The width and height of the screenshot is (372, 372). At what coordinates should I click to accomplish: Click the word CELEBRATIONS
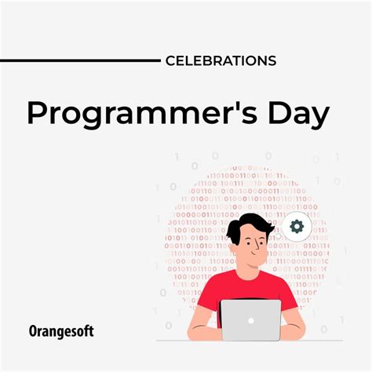click(x=221, y=60)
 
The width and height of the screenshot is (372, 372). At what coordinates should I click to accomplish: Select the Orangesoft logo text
click(x=62, y=332)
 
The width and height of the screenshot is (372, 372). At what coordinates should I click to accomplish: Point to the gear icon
click(x=297, y=227)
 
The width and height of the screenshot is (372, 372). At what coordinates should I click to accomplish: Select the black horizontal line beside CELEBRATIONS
click(x=78, y=60)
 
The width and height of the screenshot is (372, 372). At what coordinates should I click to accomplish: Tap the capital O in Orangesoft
click(x=35, y=332)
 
